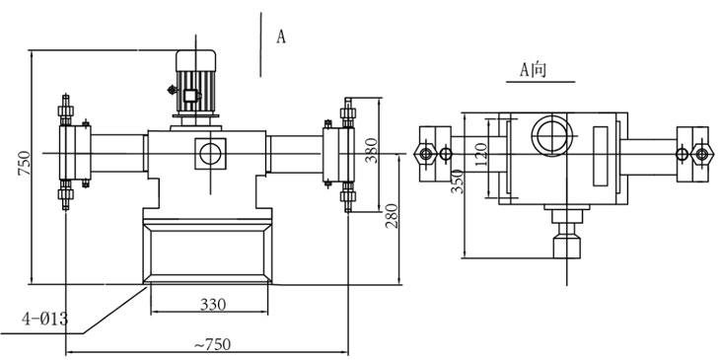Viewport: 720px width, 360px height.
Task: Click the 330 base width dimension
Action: tap(213, 304)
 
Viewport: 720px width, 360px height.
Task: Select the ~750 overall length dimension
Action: tap(211, 344)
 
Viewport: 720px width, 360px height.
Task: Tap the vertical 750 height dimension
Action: tap(24, 163)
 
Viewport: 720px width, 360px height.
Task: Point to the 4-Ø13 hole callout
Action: tap(45, 319)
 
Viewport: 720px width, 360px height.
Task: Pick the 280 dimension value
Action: tap(392, 216)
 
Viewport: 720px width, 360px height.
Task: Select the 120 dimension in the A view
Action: tap(480, 156)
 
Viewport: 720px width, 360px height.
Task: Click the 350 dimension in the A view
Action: tap(458, 180)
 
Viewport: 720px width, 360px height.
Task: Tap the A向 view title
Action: tap(534, 70)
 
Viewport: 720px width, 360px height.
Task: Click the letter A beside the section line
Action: tap(280, 36)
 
